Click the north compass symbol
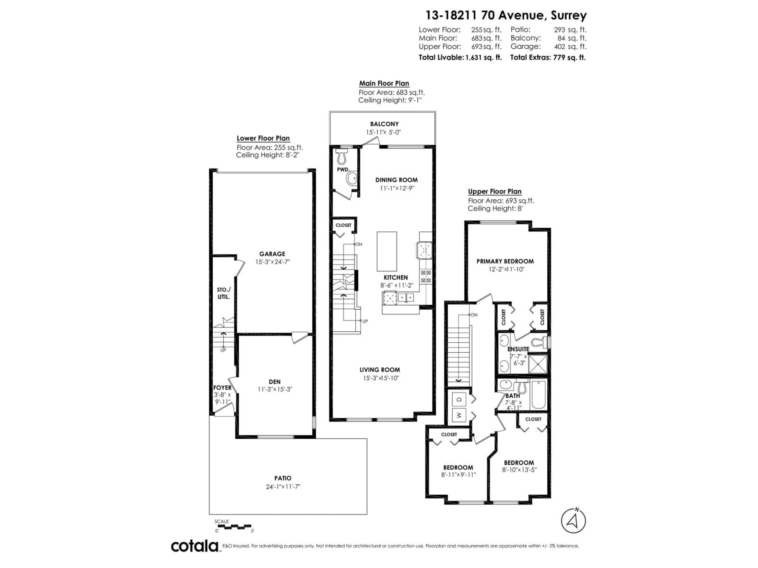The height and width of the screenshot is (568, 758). (x=573, y=521)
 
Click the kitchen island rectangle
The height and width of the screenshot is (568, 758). (x=387, y=251)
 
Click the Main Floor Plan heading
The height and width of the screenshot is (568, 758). (x=384, y=83)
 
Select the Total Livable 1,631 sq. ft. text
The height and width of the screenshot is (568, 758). (x=460, y=58)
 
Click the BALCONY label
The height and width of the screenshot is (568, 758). (x=384, y=124)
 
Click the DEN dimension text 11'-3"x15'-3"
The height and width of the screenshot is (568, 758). (x=275, y=389)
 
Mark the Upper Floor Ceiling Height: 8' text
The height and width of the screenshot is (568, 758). (x=495, y=208)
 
